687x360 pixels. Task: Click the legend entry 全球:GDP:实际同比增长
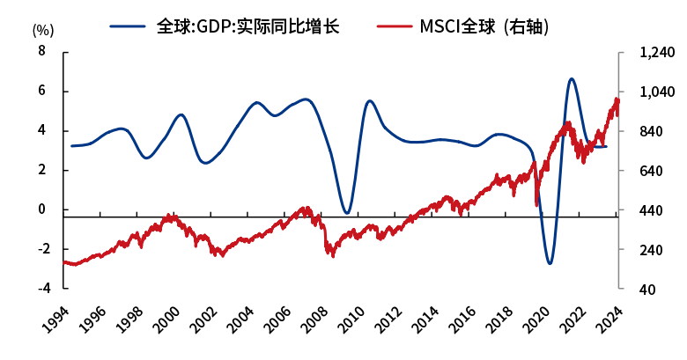(x=247, y=26)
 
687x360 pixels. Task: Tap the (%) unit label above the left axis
(x=43, y=29)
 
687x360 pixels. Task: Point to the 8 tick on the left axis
(x=41, y=52)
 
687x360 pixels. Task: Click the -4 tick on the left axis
(x=38, y=289)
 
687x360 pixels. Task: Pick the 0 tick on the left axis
(x=41, y=209)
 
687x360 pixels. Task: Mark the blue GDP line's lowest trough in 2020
(x=550, y=263)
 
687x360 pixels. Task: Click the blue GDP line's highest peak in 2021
(x=572, y=79)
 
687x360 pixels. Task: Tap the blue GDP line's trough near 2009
(x=347, y=213)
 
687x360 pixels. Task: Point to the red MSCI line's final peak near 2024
(x=617, y=99)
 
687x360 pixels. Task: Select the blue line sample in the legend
(x=129, y=26)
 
